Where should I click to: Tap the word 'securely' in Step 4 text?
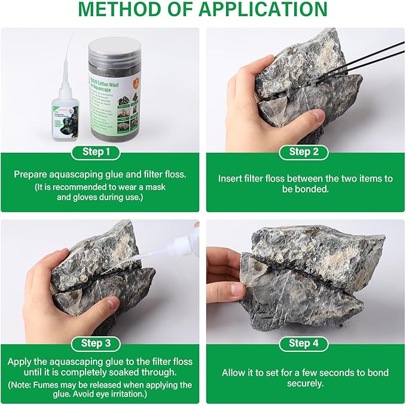point(305,383)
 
